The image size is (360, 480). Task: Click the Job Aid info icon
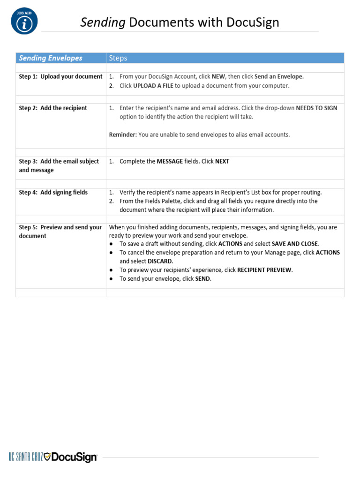(x=24, y=22)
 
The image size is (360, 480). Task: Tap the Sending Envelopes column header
(x=50, y=58)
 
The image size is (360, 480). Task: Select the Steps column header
(x=118, y=58)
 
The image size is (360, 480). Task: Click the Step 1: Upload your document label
(x=60, y=76)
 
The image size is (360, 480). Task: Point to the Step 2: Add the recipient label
(x=53, y=108)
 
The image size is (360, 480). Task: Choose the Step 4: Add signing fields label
(x=53, y=192)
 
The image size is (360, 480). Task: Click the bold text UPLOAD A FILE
(x=153, y=86)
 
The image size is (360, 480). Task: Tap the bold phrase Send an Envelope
(x=278, y=76)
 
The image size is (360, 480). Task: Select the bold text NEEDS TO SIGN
(x=316, y=108)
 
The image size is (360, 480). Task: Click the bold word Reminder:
(x=123, y=135)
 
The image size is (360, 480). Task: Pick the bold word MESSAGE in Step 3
(x=170, y=161)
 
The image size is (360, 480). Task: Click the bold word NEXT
(x=222, y=161)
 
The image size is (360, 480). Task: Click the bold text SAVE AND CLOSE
(x=295, y=244)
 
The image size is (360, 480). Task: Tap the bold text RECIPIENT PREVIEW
(x=264, y=270)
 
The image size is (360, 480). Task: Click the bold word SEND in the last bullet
(x=203, y=278)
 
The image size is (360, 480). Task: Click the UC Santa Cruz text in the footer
(x=26, y=457)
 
